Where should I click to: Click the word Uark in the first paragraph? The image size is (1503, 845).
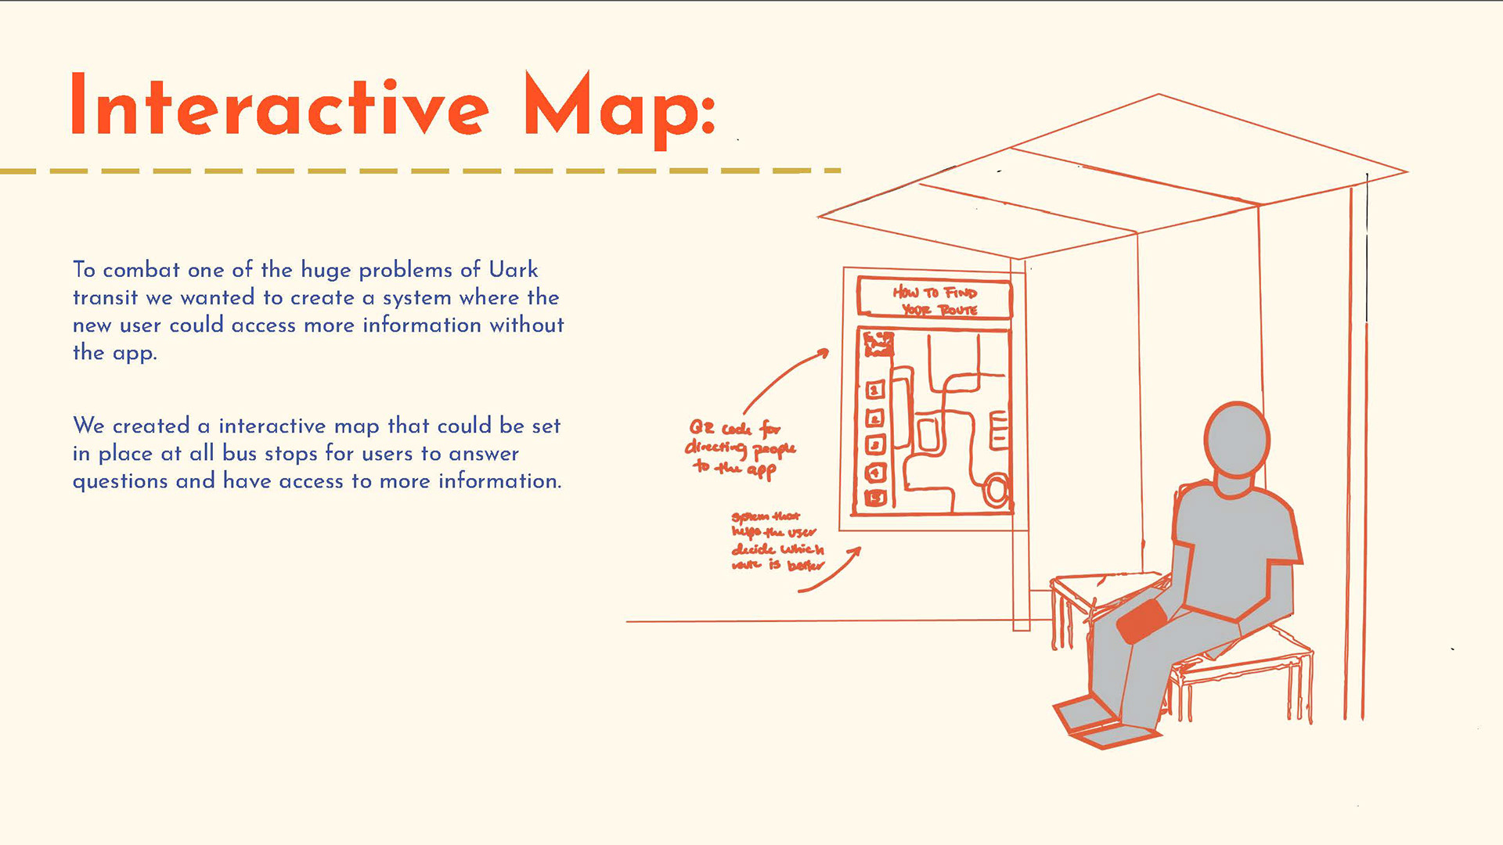pyautogui.click(x=514, y=270)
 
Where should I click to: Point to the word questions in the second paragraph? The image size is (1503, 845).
pyautogui.click(x=120, y=482)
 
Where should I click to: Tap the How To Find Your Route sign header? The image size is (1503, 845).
pyautogui.click(x=935, y=300)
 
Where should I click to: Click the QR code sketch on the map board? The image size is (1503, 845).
pyautogui.click(x=878, y=343)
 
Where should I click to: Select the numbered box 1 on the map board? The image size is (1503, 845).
pyautogui.click(x=875, y=390)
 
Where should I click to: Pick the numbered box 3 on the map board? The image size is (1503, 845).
pyautogui.click(x=875, y=445)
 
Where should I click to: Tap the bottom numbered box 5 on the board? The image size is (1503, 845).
pyautogui.click(x=875, y=498)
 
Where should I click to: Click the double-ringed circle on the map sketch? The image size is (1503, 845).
pyautogui.click(x=996, y=491)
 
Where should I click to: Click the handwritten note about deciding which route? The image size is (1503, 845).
pyautogui.click(x=777, y=541)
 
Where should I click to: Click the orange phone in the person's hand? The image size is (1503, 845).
pyautogui.click(x=1142, y=622)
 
